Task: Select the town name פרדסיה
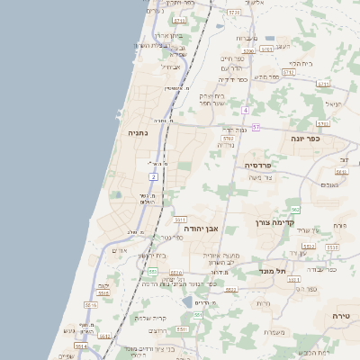264,166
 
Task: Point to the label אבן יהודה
201,229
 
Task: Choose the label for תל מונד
266,270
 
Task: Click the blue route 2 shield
154,176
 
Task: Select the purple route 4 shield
244,110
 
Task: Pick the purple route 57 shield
256,128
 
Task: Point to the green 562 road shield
295,209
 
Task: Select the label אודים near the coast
120,250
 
